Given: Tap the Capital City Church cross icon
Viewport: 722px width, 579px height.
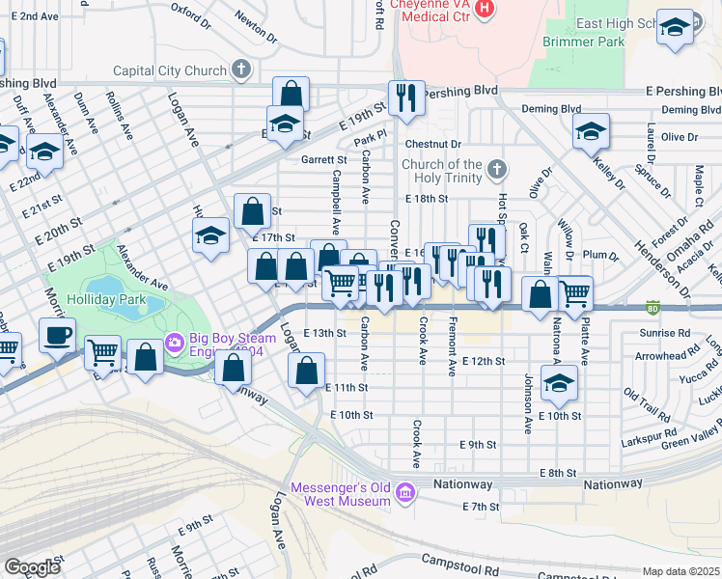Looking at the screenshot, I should [241, 69].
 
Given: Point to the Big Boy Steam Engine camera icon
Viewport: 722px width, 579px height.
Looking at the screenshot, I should [174, 342].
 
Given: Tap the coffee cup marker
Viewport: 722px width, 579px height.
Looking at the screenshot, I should [57, 335].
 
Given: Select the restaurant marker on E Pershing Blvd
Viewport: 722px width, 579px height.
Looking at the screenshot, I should [406, 97].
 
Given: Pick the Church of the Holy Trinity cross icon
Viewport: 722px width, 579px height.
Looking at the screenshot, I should [497, 170].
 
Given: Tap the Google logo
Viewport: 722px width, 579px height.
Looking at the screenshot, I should [32, 566].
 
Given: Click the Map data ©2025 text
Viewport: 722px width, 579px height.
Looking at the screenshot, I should [680, 571].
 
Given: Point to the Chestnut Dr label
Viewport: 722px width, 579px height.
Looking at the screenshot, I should [429, 144].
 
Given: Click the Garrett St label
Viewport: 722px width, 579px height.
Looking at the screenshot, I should [322, 159].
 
